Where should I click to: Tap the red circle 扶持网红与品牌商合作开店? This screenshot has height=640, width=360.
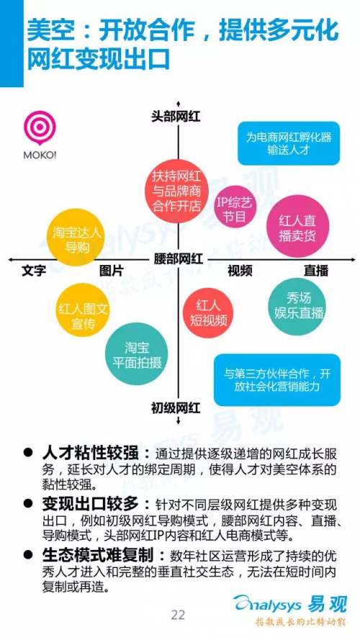[x=176, y=191]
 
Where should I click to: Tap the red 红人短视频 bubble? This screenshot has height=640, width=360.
[x=208, y=314]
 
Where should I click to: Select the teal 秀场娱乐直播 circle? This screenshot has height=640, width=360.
[x=296, y=305]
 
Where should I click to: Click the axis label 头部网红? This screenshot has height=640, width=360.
[x=176, y=117]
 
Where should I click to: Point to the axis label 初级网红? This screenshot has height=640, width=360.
[x=176, y=407]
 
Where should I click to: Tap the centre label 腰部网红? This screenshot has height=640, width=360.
[x=178, y=258]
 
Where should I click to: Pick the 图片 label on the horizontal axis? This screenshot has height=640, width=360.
[x=111, y=271]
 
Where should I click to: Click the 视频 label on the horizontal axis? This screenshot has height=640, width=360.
[x=240, y=270]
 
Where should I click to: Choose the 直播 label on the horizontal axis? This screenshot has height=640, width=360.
[x=316, y=271]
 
